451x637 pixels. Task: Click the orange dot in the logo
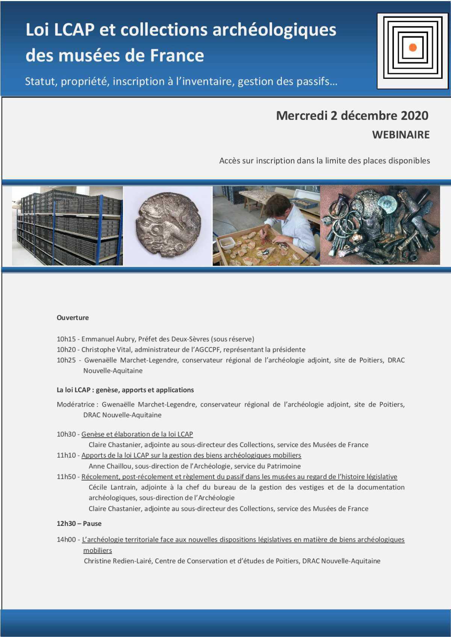(x=413, y=48)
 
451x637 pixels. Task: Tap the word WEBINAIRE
(x=401, y=135)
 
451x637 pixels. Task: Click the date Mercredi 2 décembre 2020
(x=352, y=115)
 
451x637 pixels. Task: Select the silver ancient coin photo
(x=168, y=225)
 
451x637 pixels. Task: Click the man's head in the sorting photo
(x=277, y=205)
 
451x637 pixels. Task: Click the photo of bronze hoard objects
(x=380, y=225)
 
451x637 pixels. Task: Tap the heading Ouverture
(x=73, y=318)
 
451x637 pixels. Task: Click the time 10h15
(x=66, y=339)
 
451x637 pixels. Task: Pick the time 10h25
(x=66, y=360)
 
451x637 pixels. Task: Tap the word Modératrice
(x=76, y=404)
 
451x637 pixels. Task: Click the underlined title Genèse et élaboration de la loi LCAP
(x=137, y=434)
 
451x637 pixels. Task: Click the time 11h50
(x=66, y=477)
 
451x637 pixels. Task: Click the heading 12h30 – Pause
(x=79, y=524)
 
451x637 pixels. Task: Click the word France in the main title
(x=177, y=56)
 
